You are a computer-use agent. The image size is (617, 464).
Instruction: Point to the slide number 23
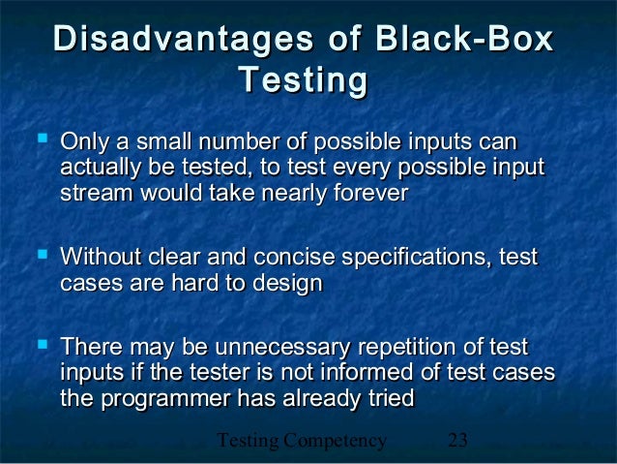[458, 442]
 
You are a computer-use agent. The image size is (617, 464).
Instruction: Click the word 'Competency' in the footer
[334, 443]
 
